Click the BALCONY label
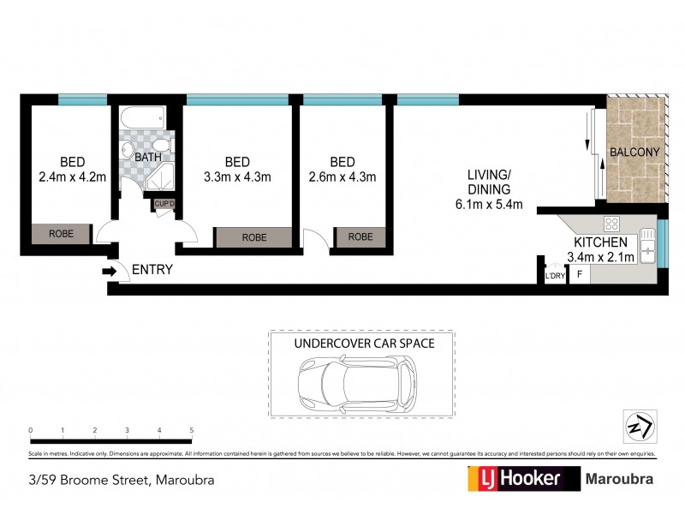coord(634,152)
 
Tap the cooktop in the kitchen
coord(612,224)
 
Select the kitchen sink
coord(648,249)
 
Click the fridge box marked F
coord(580,275)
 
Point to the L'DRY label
coord(555,276)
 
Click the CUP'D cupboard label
coord(164,203)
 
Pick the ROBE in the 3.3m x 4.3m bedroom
coord(253,237)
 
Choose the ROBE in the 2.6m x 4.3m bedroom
coord(360,236)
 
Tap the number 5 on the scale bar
coord(192,430)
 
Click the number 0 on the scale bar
coord(30,430)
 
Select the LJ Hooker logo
coord(514,478)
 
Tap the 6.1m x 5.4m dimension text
coord(489,205)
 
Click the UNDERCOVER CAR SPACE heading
coord(364,343)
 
